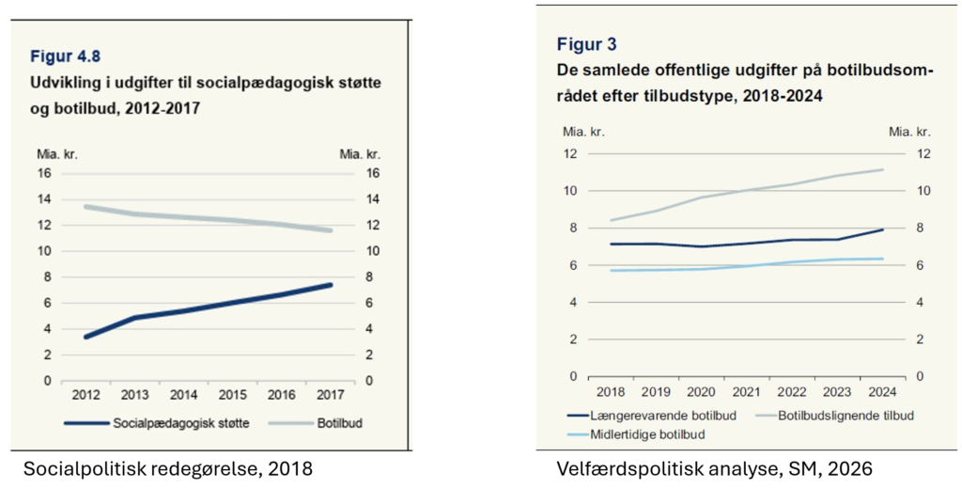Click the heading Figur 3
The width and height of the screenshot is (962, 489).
586,44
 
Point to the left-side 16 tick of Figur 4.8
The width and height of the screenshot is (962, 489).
43,173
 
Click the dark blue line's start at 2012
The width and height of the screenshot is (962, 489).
86,337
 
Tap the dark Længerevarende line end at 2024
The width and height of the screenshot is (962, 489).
880,229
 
